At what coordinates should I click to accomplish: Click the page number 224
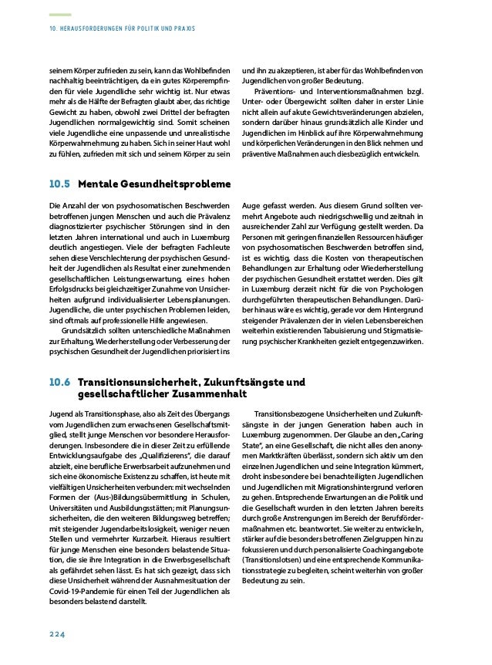click(56, 634)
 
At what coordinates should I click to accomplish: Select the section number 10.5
click(59, 185)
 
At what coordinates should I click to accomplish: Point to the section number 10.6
click(59, 382)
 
